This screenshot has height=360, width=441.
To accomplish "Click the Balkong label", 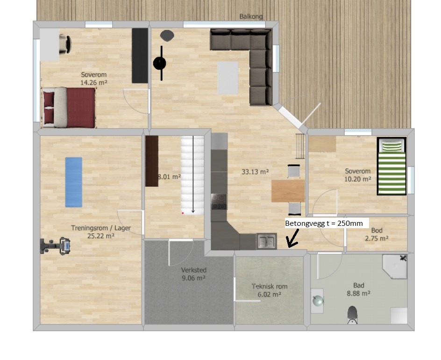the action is (251, 17).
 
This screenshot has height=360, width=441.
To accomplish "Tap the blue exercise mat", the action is (74, 182).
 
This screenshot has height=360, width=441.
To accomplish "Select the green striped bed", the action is (392, 166).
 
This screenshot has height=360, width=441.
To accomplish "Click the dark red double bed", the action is (69, 108).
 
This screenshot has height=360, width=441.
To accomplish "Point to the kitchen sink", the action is (267, 242).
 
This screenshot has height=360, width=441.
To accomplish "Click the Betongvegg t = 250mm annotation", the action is (324, 223).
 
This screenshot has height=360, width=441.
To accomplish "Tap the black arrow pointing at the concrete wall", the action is (292, 238).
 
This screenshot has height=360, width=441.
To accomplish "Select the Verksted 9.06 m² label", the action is (194, 274).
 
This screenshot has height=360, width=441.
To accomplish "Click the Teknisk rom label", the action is (270, 287).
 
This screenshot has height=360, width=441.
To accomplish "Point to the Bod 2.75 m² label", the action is (377, 234).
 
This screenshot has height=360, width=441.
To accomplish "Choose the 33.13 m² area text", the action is (255, 172).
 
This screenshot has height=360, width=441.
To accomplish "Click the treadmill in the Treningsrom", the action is (55, 246).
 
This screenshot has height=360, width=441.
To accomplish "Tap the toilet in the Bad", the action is (352, 315).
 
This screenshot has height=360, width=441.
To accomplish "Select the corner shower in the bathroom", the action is (395, 266).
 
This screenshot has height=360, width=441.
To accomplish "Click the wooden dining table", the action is (288, 191).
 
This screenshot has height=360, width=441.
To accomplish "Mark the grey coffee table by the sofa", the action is (228, 78).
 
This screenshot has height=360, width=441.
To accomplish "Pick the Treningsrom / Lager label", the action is (101, 228).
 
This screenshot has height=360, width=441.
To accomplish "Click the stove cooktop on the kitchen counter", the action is (219, 202).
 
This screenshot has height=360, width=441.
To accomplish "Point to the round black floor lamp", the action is (160, 63).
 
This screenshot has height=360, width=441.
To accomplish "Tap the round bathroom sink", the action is (318, 301).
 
